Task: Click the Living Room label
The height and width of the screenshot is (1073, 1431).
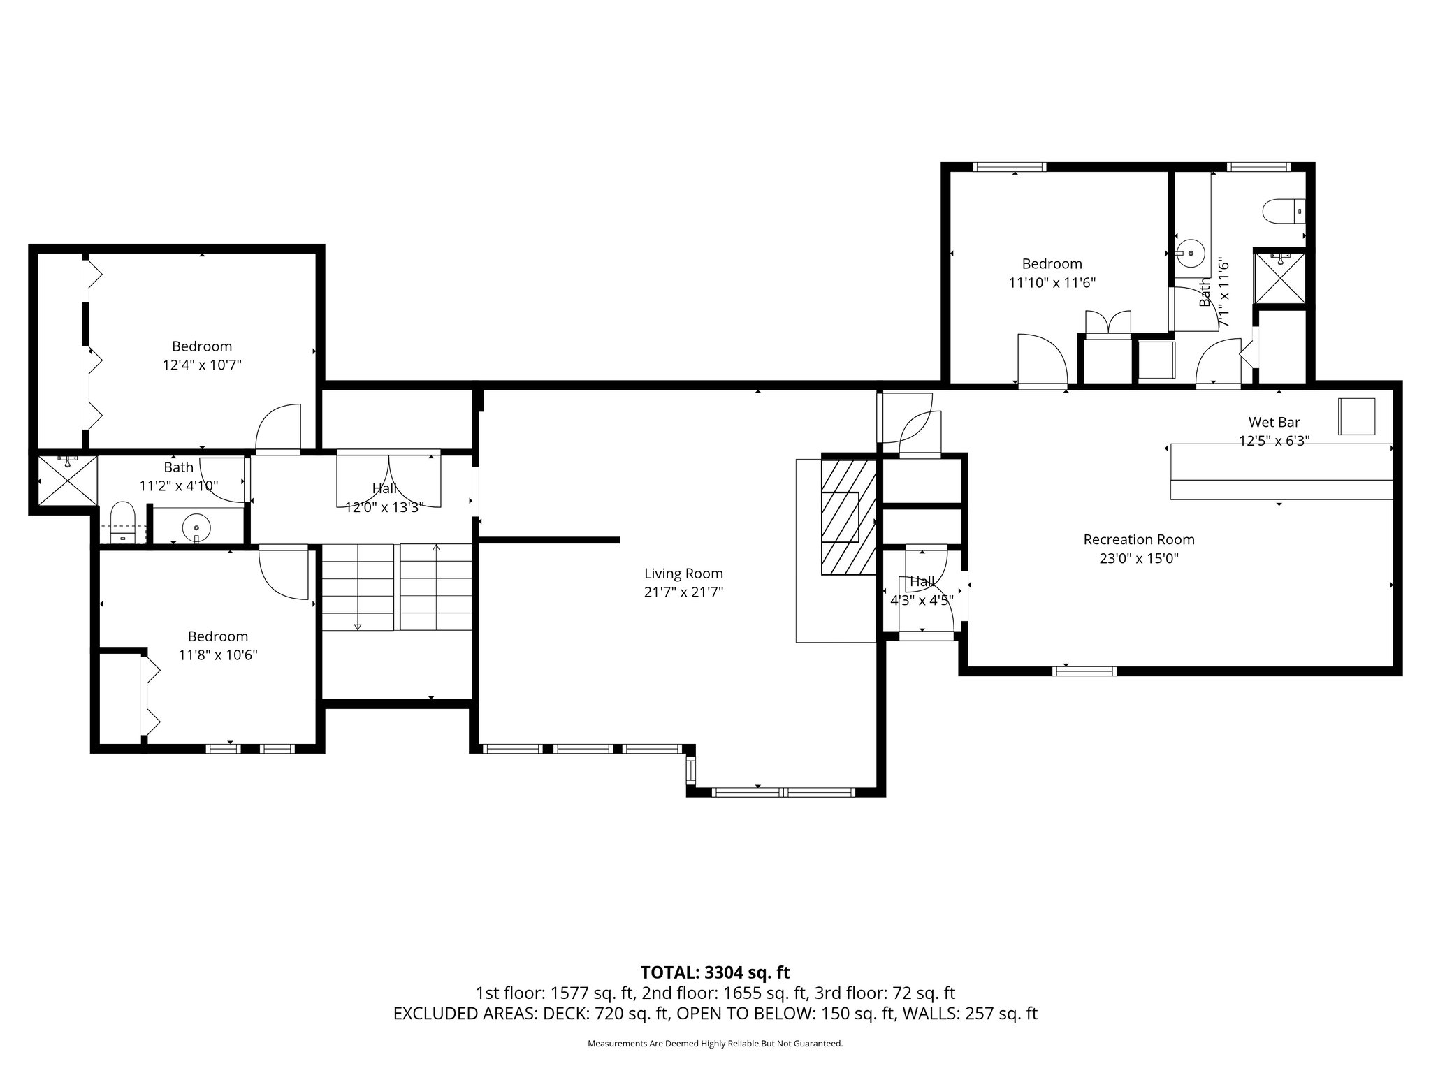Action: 683,574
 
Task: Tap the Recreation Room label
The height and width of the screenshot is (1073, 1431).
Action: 1139,539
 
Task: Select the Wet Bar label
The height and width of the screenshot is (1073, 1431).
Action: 1274,422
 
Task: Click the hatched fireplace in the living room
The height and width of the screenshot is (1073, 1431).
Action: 848,518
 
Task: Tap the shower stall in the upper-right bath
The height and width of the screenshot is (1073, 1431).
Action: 1279,277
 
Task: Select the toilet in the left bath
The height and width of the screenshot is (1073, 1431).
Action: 123,522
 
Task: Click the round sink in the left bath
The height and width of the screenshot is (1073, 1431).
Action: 196,527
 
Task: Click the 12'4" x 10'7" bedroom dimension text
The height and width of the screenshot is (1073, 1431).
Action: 202,365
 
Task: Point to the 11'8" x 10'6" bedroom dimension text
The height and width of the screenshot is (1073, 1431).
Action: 218,655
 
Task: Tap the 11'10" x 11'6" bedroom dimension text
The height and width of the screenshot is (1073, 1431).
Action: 1052,283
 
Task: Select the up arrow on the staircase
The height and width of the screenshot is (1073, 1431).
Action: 437,587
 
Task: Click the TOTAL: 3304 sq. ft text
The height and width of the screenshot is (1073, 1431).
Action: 715,972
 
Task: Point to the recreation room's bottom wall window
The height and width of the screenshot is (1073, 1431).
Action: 1084,671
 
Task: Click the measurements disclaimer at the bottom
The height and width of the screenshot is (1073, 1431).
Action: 715,1044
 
